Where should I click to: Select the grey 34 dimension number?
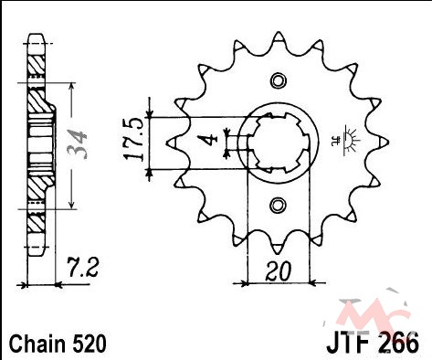77,144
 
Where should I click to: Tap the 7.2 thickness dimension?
82,268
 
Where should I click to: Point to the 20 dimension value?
278,271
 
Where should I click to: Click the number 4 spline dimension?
207,140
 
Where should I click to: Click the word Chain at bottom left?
37,344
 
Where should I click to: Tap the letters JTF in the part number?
350,344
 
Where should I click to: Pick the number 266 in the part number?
399,344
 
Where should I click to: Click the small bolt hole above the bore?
279,80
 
